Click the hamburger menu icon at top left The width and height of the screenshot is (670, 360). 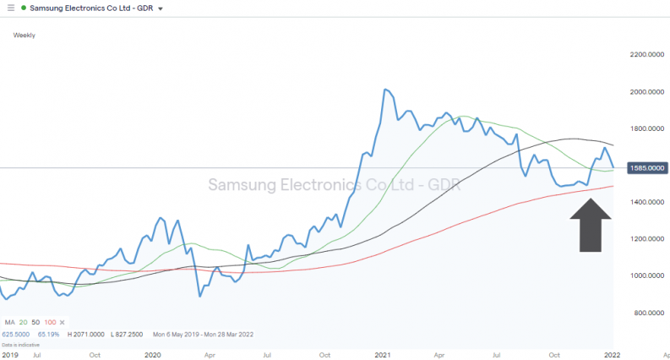(11, 8)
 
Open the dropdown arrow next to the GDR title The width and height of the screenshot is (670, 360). (161, 8)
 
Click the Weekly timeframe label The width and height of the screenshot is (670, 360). (25, 35)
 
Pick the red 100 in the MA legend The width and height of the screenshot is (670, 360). (52, 322)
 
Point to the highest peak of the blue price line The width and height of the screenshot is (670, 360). (385, 90)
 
